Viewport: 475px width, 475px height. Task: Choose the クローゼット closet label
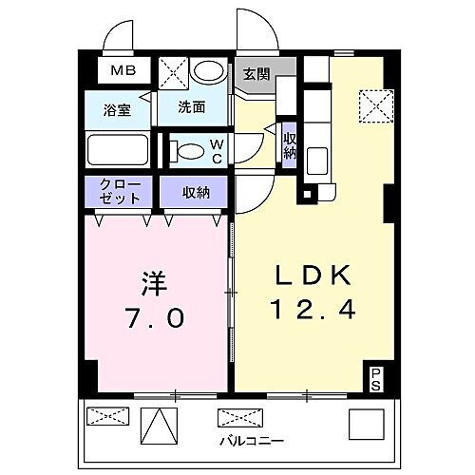[x=121, y=191]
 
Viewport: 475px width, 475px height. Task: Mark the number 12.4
[x=313, y=311]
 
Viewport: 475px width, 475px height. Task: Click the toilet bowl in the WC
[x=191, y=149]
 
